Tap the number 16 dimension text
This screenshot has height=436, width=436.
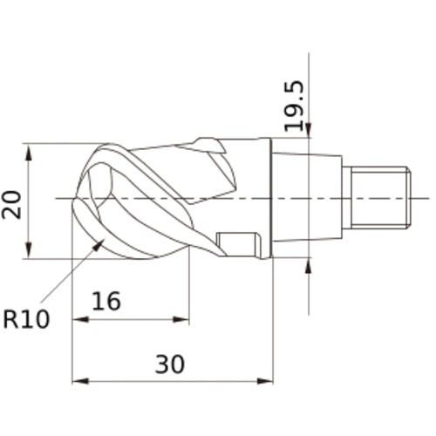106,301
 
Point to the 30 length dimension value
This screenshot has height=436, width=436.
170,364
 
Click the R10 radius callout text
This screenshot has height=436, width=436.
26,320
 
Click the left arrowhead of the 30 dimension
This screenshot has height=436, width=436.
78,381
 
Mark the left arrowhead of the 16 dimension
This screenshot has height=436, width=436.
78,319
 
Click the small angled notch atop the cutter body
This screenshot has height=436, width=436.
209,144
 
